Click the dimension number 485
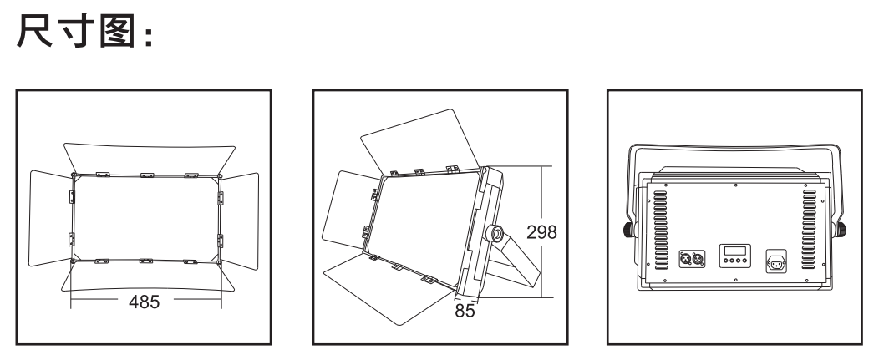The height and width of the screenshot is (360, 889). tap(144, 302)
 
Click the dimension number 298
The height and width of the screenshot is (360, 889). tap(541, 232)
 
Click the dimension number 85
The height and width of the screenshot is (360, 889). tap(465, 311)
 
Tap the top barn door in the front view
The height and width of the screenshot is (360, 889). tap(150, 158)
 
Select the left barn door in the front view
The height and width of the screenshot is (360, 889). tap(51, 218)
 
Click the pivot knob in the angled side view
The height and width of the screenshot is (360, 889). tap(494, 234)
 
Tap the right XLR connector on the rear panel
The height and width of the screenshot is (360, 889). tap(698, 259)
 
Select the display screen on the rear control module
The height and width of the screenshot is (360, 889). tap(734, 251)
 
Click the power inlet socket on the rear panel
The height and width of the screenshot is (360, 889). tap(776, 262)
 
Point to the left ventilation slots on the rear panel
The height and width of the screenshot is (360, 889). tap(661, 230)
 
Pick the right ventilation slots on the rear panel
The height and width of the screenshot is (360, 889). tap(809, 230)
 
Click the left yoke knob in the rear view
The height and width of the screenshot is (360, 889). tap(629, 230)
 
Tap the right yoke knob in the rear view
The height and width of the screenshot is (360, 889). tap(841, 230)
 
